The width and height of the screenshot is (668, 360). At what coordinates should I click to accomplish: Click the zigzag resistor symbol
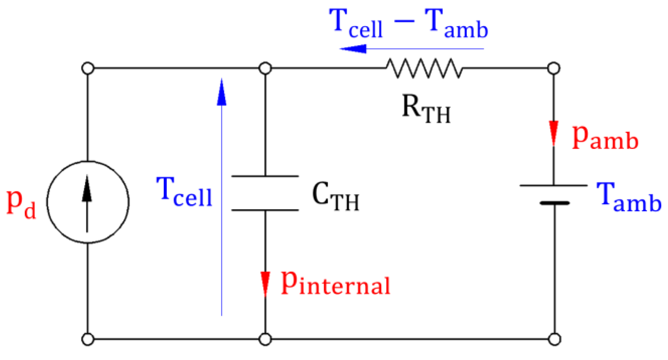[x=424, y=68]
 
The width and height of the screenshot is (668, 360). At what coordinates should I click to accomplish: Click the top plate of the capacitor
[x=265, y=176]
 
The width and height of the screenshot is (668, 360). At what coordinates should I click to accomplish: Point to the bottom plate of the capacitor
[x=265, y=210]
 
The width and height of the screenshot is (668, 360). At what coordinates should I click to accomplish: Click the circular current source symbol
[x=88, y=202]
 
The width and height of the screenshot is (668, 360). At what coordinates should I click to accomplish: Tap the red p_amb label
[x=605, y=139]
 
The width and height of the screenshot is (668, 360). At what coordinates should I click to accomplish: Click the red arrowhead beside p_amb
[x=554, y=132]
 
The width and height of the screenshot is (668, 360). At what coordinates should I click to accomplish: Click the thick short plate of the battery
[x=554, y=203]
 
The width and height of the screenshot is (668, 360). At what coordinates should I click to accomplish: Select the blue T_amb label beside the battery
[x=628, y=197]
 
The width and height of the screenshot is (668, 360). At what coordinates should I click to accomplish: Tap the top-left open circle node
[x=88, y=68]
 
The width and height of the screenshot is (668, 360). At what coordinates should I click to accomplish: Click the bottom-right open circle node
[x=554, y=339]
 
